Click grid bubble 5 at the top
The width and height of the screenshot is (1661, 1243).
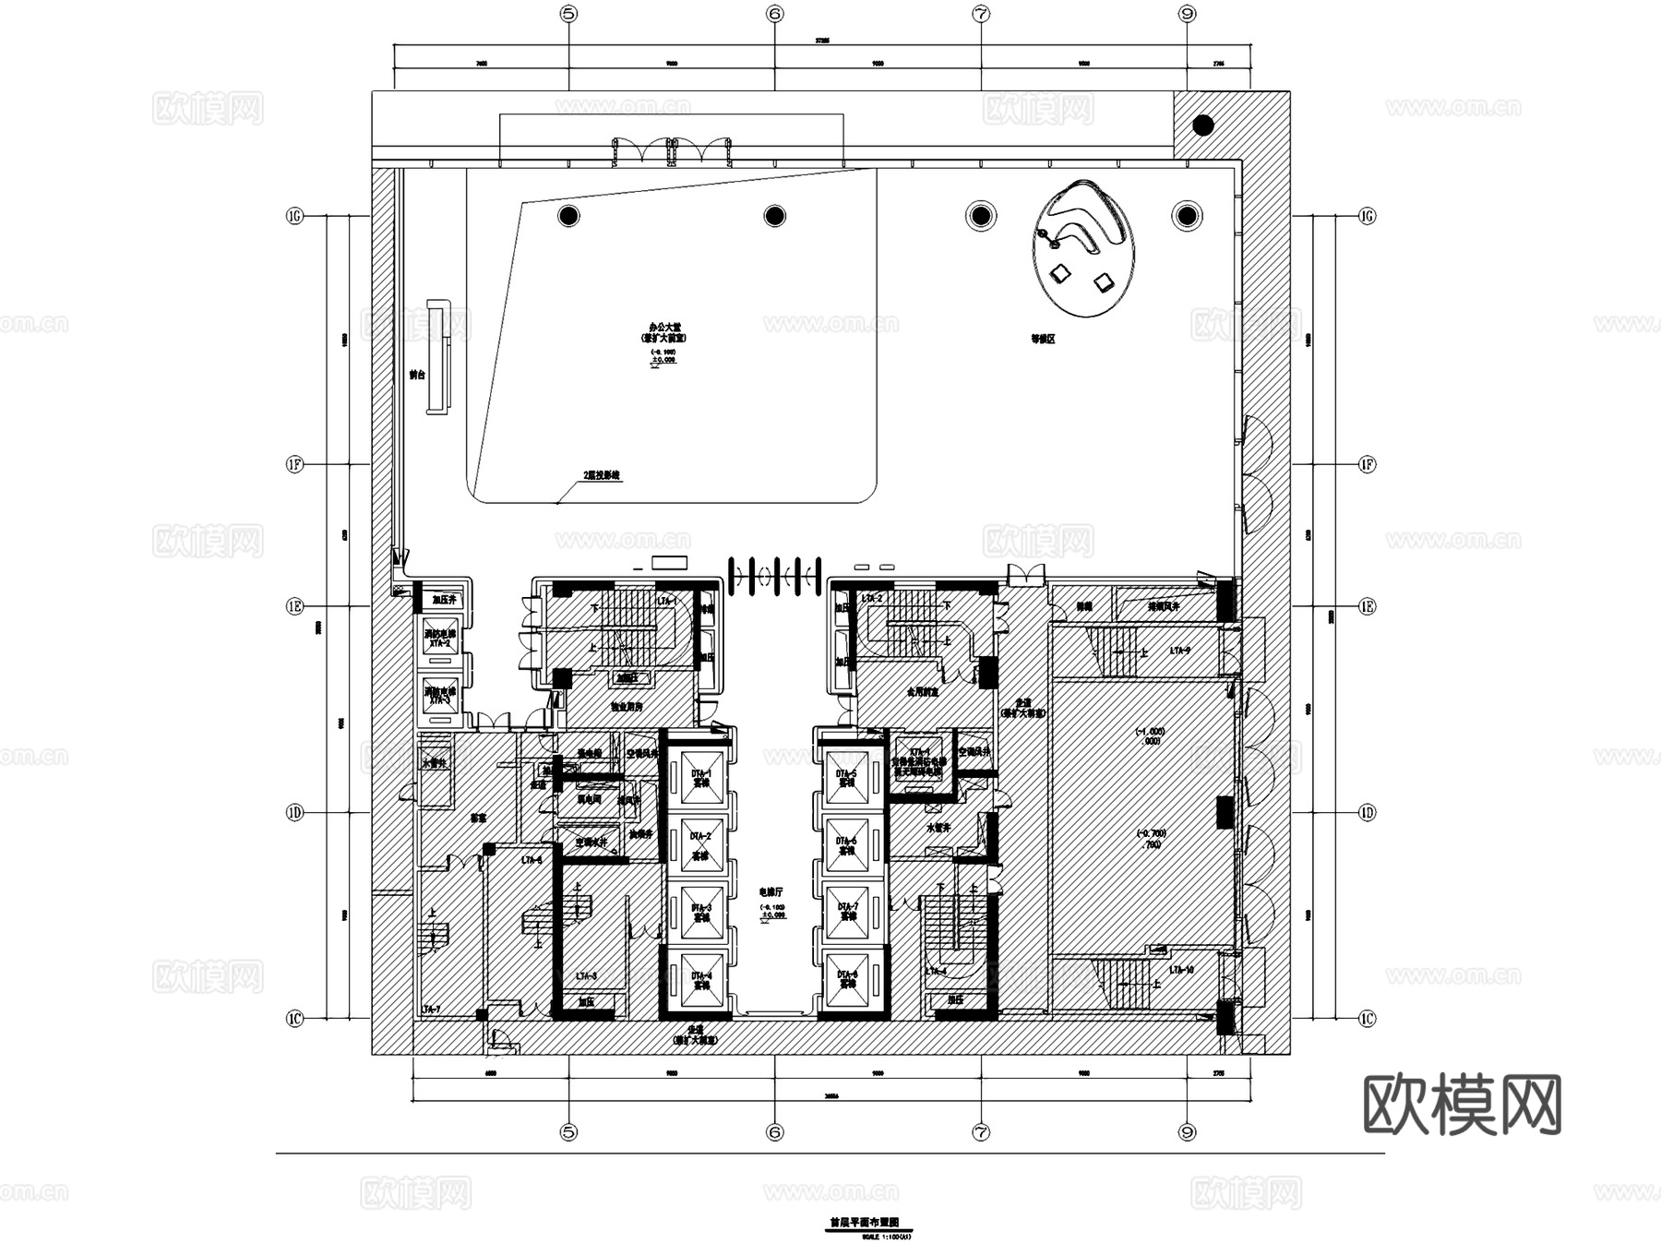click(568, 14)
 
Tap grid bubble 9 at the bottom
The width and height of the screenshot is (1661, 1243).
click(1188, 1131)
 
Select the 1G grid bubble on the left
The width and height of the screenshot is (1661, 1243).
click(294, 217)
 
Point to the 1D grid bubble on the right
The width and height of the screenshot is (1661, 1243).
click(1368, 813)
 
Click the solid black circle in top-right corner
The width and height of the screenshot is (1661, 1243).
click(1202, 125)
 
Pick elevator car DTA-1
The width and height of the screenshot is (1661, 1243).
click(701, 778)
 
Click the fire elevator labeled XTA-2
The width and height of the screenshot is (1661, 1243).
click(439, 639)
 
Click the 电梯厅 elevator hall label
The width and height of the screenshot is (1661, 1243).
click(771, 892)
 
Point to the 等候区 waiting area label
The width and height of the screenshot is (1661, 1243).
click(1043, 339)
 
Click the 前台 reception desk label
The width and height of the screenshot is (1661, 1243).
click(417, 376)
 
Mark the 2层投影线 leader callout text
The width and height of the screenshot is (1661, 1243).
click(602, 476)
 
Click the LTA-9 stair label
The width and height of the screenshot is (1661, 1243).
click(1180, 651)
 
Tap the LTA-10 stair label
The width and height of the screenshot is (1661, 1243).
click(1181, 971)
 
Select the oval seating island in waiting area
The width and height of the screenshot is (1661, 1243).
click(1084, 247)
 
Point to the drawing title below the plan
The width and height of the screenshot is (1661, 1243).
click(865, 1223)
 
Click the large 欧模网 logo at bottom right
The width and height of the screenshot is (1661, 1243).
click(1462, 1105)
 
